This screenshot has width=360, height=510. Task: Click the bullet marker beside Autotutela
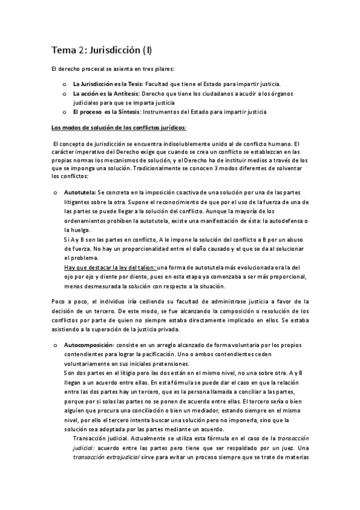tap(55, 192)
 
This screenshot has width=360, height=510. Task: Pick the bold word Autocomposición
tap(89, 346)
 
